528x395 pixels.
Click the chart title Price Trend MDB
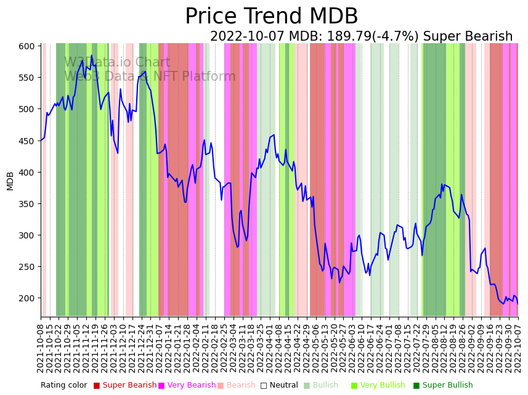(x=271, y=17)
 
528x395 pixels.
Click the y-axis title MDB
(x=10, y=181)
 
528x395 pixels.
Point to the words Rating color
(x=64, y=386)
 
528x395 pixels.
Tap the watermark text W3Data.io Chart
(x=117, y=63)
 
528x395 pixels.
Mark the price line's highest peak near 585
(x=91, y=56)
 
